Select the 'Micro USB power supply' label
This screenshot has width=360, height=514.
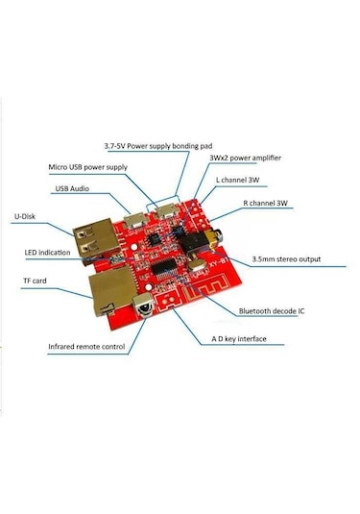click(87, 167)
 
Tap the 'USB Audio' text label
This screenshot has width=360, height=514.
click(74, 188)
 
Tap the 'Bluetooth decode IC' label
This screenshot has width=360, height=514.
click(272, 310)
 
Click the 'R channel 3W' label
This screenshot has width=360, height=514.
click(267, 205)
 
